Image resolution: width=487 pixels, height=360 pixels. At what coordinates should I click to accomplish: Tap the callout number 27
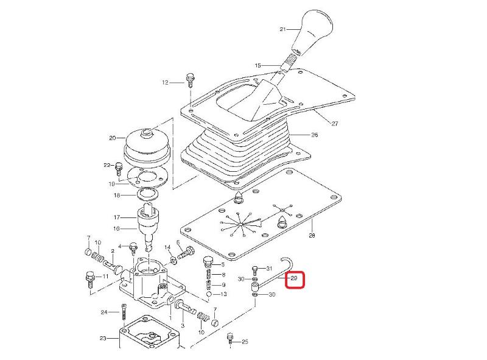pyautogui.click(x=334, y=124)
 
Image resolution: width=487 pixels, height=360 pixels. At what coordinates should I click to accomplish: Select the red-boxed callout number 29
pyautogui.click(x=294, y=278)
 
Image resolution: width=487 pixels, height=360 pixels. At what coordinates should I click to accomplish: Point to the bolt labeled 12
pyautogui.click(x=189, y=80)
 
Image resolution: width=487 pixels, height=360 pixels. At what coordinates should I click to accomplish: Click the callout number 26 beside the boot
pyautogui.click(x=315, y=135)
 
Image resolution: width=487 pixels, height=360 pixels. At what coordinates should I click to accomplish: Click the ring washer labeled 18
pyautogui.click(x=148, y=195)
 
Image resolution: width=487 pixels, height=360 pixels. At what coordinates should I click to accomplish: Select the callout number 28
pyautogui.click(x=312, y=235)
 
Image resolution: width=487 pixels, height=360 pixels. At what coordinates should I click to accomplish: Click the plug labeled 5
pyautogui.click(x=208, y=262)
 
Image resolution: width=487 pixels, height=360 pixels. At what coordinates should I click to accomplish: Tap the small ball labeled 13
pyautogui.click(x=209, y=294)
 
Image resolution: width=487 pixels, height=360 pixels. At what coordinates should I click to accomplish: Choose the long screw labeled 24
pyautogui.click(x=124, y=312)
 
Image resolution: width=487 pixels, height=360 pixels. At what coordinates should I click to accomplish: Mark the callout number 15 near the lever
pyautogui.click(x=258, y=66)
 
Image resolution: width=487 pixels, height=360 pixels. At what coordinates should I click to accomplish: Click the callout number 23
pyautogui.click(x=103, y=338)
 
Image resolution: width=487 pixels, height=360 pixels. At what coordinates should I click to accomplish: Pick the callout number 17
pyautogui.click(x=117, y=217)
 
